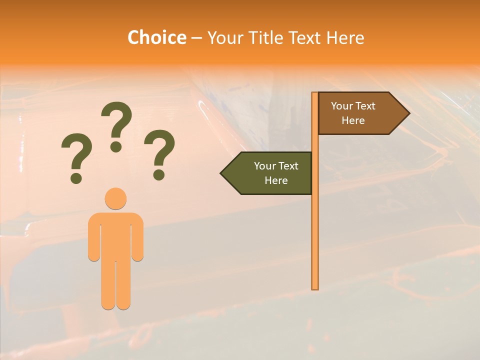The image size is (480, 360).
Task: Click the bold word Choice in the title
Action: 156,37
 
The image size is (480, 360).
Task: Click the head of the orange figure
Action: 115,198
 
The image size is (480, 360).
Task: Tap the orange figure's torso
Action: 115,235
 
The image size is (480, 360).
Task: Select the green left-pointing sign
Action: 270,173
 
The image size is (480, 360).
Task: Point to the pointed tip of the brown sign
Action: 408,113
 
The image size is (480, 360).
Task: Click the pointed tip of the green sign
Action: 222,173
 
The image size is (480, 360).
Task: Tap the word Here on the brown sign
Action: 353,120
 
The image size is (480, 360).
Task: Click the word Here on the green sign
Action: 276,180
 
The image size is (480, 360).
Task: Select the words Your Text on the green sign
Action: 276,166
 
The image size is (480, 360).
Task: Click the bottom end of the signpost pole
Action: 315,287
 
